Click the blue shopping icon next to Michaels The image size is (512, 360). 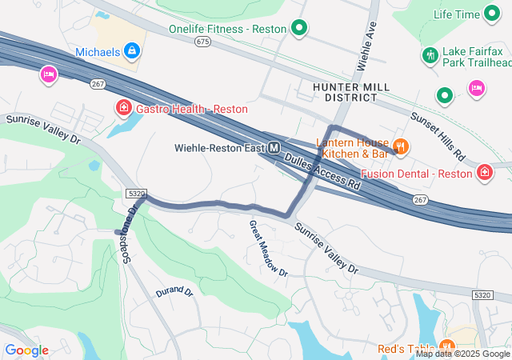[132, 53]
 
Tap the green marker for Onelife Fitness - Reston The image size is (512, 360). [299, 30]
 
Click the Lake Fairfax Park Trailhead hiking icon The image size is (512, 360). [430, 55]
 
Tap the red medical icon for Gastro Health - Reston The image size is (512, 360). [123, 108]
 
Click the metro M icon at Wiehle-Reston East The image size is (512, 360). [274, 147]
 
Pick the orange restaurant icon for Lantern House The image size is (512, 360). [401, 146]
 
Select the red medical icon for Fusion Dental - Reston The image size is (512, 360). [485, 173]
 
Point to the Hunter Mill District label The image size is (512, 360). [345, 91]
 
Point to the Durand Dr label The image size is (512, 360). [174, 292]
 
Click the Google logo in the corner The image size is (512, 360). [26, 350]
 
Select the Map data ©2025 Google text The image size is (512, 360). [462, 354]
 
